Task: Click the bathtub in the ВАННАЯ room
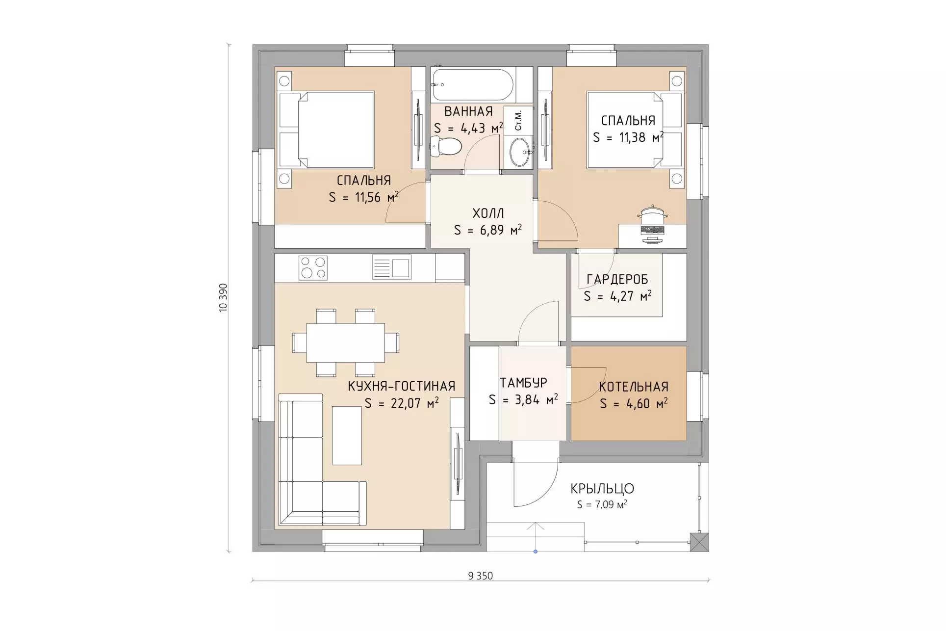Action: coord(472,84)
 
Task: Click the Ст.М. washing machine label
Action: coord(518,120)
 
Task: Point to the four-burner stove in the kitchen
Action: coord(313,268)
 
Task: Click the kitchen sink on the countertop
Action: coord(391,267)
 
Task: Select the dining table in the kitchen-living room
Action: coord(346,342)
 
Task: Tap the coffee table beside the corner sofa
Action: coord(347,435)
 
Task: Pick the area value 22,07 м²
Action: coord(401,403)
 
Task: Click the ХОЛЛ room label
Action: coord(488,213)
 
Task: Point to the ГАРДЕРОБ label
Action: coord(617,280)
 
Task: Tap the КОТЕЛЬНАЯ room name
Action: coord(634,387)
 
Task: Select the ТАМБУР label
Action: coord(523,383)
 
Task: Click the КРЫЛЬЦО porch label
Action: coord(602,489)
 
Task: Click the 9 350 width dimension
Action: coord(481,576)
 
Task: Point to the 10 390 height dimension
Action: coord(223,298)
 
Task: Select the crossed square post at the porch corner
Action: coord(699,542)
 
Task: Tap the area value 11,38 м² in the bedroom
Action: coord(628,137)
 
